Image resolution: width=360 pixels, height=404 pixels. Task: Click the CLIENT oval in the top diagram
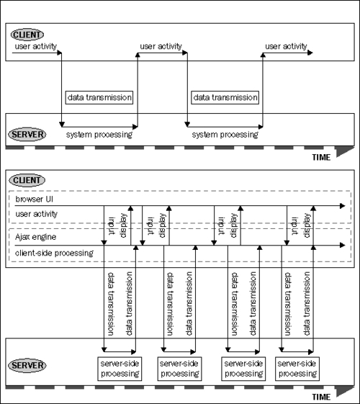27,35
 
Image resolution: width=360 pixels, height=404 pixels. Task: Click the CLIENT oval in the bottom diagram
27,180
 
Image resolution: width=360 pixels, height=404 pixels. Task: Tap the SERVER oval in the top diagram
27,135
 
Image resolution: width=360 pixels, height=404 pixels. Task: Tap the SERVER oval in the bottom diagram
27,365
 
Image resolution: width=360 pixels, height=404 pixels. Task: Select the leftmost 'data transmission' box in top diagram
99,97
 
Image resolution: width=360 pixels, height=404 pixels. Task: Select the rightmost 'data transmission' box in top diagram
225,97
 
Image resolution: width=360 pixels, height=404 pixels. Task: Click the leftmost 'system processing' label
99,135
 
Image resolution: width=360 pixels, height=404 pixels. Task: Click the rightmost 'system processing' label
225,135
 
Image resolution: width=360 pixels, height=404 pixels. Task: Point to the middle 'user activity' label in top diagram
161,46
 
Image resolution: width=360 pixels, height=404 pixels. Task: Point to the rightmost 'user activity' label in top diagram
286,46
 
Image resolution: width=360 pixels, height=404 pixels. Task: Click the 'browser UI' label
35,199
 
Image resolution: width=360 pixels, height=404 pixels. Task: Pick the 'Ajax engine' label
35,237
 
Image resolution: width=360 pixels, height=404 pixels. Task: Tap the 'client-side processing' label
54,253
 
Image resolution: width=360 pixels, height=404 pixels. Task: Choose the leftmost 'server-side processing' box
120,369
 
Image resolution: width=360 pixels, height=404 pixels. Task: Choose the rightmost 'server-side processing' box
297,369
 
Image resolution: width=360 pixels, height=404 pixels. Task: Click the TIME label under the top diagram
321,157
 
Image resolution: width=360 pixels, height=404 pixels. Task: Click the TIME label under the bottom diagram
321,397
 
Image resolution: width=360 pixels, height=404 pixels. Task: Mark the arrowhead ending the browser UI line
343,206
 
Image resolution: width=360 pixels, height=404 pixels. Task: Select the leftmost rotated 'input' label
112,226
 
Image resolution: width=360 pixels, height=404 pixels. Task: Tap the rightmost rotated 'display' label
307,225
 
